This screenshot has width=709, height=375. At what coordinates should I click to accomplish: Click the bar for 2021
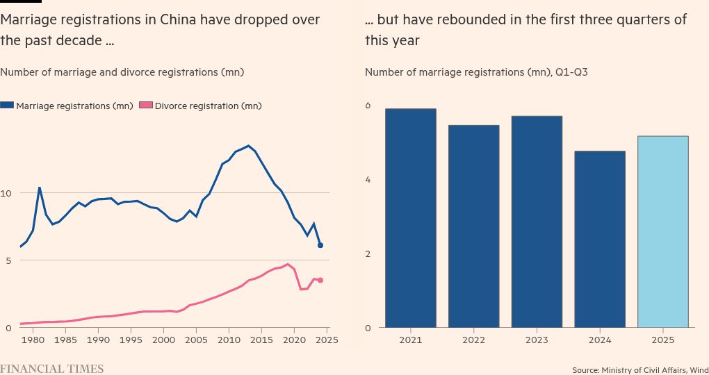[410, 218]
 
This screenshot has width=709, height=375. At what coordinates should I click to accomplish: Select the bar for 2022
[473, 226]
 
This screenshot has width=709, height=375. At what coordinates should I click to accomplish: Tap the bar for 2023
[537, 222]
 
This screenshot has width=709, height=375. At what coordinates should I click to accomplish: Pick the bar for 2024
[599, 239]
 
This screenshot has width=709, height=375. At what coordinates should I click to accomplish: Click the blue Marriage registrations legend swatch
[7, 106]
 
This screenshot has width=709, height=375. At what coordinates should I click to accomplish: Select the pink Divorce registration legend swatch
[146, 106]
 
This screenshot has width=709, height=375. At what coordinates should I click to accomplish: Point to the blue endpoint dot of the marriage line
[320, 245]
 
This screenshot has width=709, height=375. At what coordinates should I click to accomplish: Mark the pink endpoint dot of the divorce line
[320, 280]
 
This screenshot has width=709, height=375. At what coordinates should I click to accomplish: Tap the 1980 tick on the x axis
[33, 340]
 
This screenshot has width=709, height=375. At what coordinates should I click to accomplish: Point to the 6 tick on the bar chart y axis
[368, 106]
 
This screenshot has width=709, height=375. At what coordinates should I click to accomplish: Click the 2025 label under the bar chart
[662, 340]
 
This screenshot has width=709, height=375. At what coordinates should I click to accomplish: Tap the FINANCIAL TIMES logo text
[51, 369]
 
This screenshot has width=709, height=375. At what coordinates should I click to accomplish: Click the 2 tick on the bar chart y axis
[368, 253]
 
